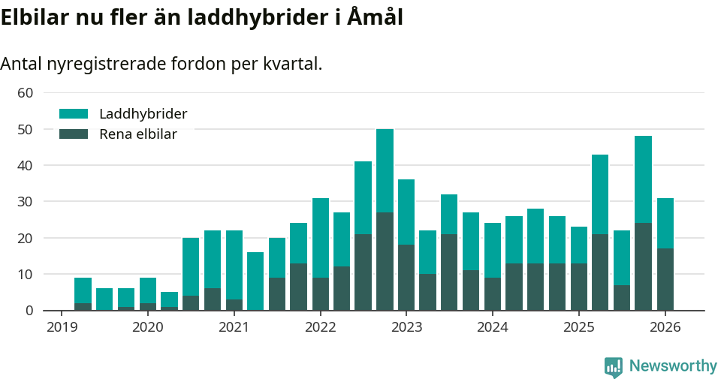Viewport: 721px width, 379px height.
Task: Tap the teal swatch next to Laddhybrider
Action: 74,114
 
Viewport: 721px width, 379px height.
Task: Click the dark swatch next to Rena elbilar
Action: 74,134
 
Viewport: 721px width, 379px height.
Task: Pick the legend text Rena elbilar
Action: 138,134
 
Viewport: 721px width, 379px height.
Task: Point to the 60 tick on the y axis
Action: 26,93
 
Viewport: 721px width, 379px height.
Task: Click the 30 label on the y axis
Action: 26,202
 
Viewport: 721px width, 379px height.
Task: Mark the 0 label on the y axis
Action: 29,311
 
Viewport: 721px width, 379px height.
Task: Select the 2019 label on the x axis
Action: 62,327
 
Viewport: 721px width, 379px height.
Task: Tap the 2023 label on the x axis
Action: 406,327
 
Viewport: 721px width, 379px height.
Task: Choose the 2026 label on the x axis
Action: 665,327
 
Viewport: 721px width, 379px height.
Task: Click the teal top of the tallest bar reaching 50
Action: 385,170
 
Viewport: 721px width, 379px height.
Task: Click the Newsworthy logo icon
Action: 614,366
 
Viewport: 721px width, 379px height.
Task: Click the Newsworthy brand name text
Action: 673,366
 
